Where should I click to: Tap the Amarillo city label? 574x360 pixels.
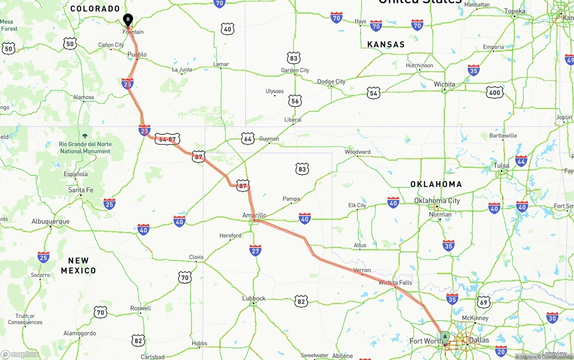(254, 215)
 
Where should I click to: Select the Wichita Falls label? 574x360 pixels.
(395, 282)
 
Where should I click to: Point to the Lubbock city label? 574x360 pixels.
(254, 298)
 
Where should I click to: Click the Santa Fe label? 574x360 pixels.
(81, 190)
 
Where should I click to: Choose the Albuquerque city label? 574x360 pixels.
(50, 221)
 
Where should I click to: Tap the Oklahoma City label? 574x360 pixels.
(437, 200)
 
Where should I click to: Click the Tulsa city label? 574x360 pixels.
(501, 165)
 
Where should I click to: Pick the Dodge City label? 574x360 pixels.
(331, 82)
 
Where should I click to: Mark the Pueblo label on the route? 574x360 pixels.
(137, 55)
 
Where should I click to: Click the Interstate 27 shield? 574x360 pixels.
(256, 251)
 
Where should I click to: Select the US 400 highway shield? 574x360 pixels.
(495, 93)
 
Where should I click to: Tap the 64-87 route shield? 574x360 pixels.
(167, 139)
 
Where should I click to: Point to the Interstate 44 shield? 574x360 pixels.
(521, 161)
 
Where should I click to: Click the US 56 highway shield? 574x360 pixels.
(295, 101)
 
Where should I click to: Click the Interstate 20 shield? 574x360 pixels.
(501, 351)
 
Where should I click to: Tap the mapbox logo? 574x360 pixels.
(20, 355)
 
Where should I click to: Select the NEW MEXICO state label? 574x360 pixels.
(78, 265)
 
